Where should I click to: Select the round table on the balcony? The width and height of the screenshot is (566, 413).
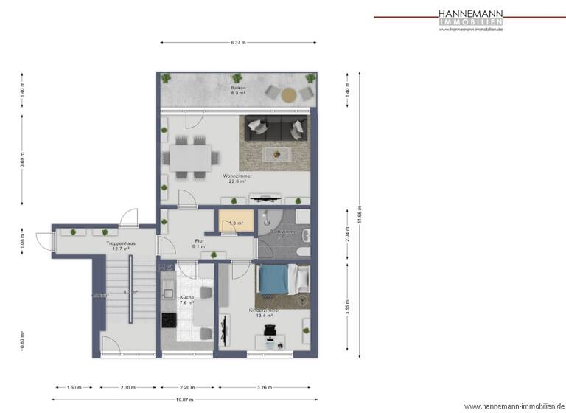click(290, 94)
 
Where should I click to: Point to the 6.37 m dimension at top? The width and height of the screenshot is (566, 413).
click(237, 43)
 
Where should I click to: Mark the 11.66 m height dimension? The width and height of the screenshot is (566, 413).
click(358, 214)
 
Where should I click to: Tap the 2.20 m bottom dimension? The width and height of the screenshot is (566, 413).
click(186, 387)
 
